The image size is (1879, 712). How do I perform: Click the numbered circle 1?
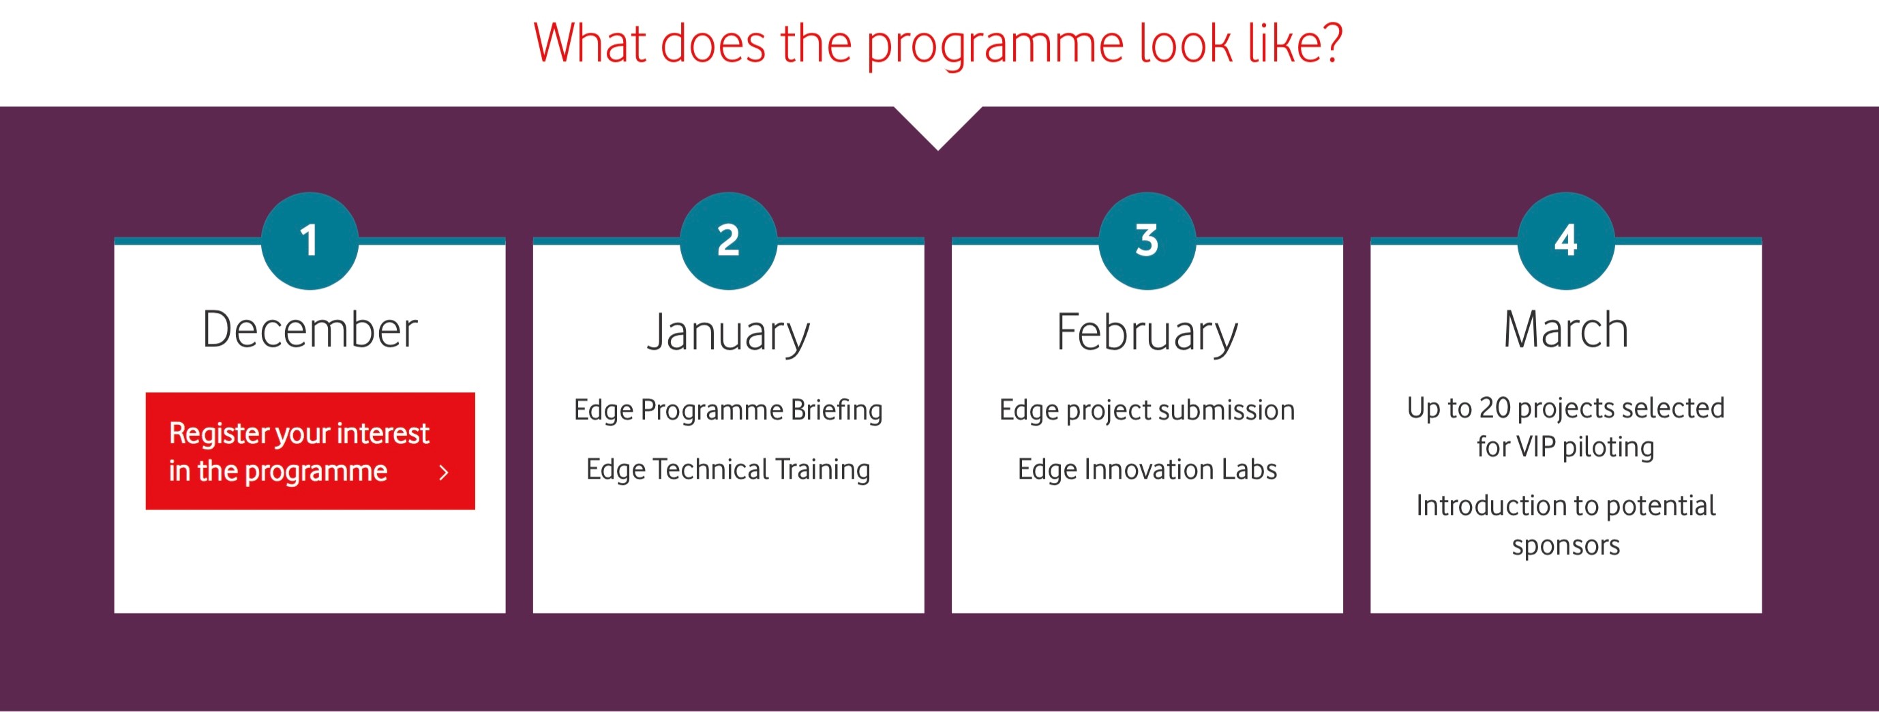pos(310,241)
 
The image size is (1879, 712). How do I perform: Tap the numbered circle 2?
pos(729,241)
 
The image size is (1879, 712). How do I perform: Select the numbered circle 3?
pos(1147,241)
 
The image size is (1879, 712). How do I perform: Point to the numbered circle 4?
pos(1566,241)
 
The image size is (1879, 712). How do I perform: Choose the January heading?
pos(729,333)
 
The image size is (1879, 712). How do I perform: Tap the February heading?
pos(1147,333)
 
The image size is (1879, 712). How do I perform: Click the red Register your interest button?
pos(310,451)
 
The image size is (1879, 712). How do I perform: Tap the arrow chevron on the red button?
pos(443,473)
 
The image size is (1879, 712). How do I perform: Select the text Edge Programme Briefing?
pos(729,411)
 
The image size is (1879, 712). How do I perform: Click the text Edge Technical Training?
pos(729,470)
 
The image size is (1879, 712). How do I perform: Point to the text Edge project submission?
pos(1147,411)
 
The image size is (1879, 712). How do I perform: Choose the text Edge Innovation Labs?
pos(1147,470)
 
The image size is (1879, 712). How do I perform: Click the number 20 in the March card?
pos(1494,409)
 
